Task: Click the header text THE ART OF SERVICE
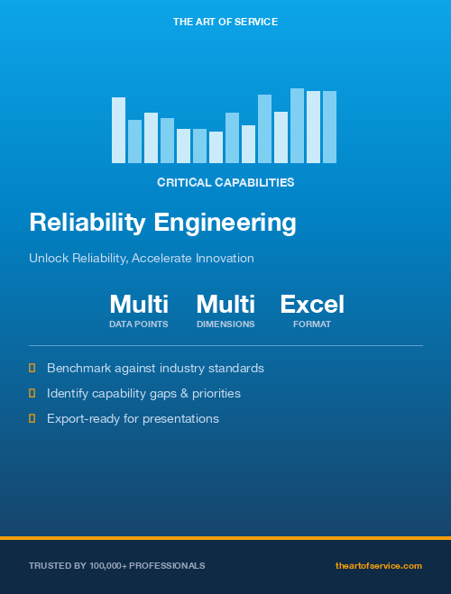pos(225,21)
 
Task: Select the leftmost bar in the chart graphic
pos(118,130)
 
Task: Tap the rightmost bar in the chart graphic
pos(329,126)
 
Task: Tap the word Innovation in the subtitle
pos(225,258)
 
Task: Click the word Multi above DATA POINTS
pos(139,304)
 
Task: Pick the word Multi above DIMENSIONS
pos(225,304)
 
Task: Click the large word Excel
pos(312,304)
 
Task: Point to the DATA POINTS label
pos(139,324)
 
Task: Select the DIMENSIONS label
pos(225,324)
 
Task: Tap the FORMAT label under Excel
pos(312,324)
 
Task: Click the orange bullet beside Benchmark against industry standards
pos(32,368)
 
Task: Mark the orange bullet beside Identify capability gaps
pos(32,393)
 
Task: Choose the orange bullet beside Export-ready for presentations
pos(32,418)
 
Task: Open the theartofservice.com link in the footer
pos(378,565)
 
